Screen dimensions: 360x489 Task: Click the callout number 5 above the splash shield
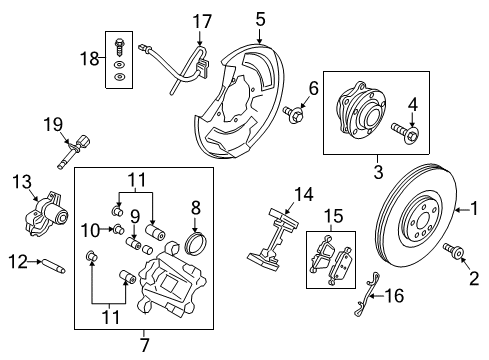coord(259,18)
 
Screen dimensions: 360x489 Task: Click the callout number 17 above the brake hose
coord(204,20)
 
